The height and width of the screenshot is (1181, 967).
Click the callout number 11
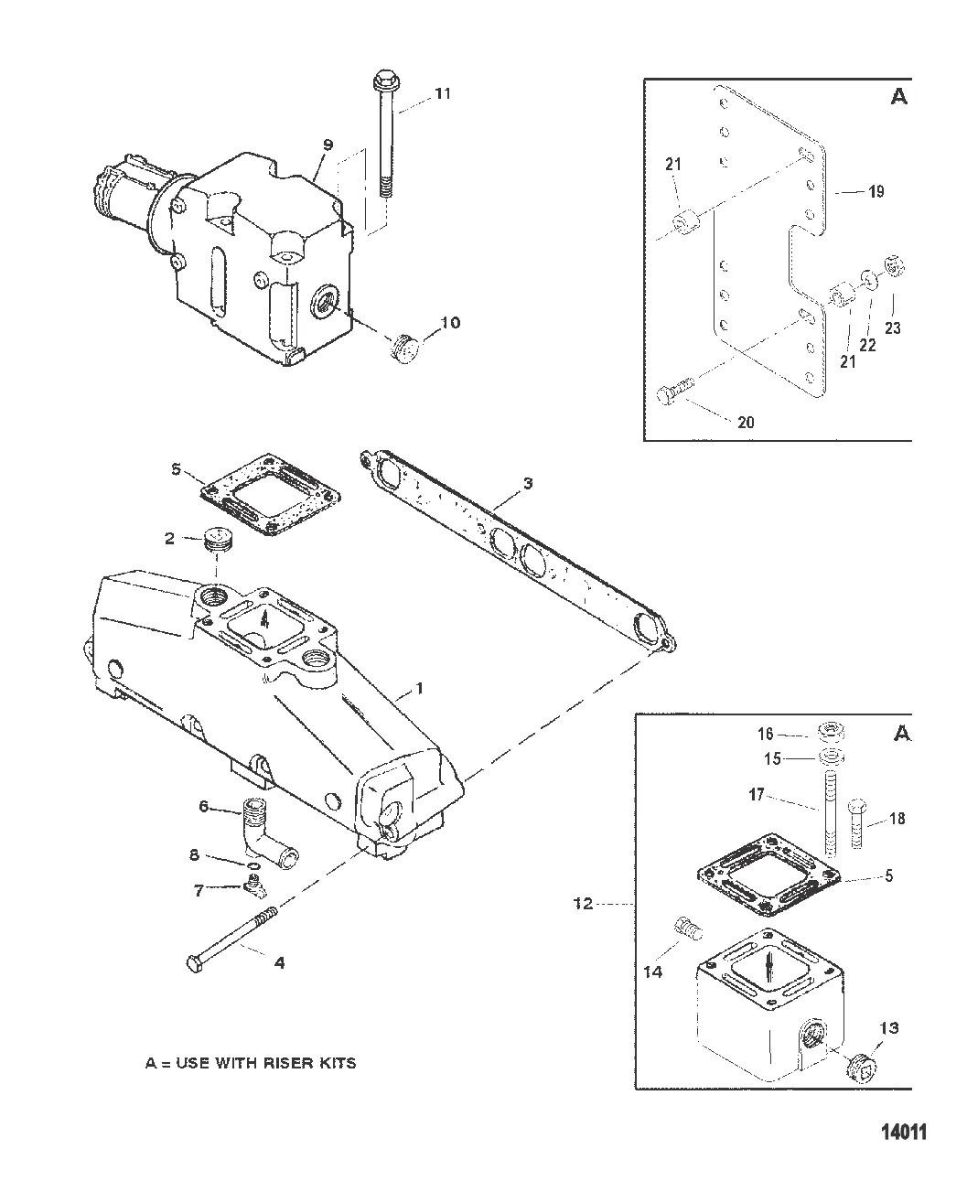tap(443, 93)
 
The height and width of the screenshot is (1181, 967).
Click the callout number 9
tap(328, 145)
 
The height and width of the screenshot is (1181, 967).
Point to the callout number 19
tap(876, 192)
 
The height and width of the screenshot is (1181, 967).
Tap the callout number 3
tap(528, 483)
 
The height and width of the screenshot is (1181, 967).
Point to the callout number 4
tap(279, 962)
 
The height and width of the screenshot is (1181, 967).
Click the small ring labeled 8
tap(254, 867)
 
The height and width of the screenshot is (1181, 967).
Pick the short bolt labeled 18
tap(857, 831)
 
